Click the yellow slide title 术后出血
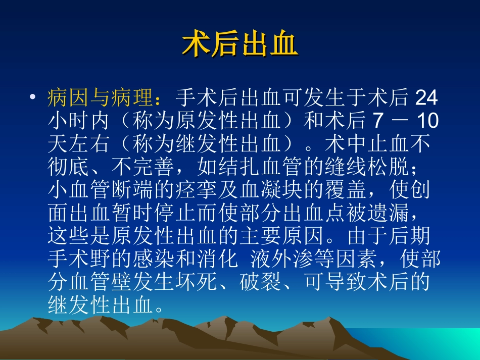tap(240, 45)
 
